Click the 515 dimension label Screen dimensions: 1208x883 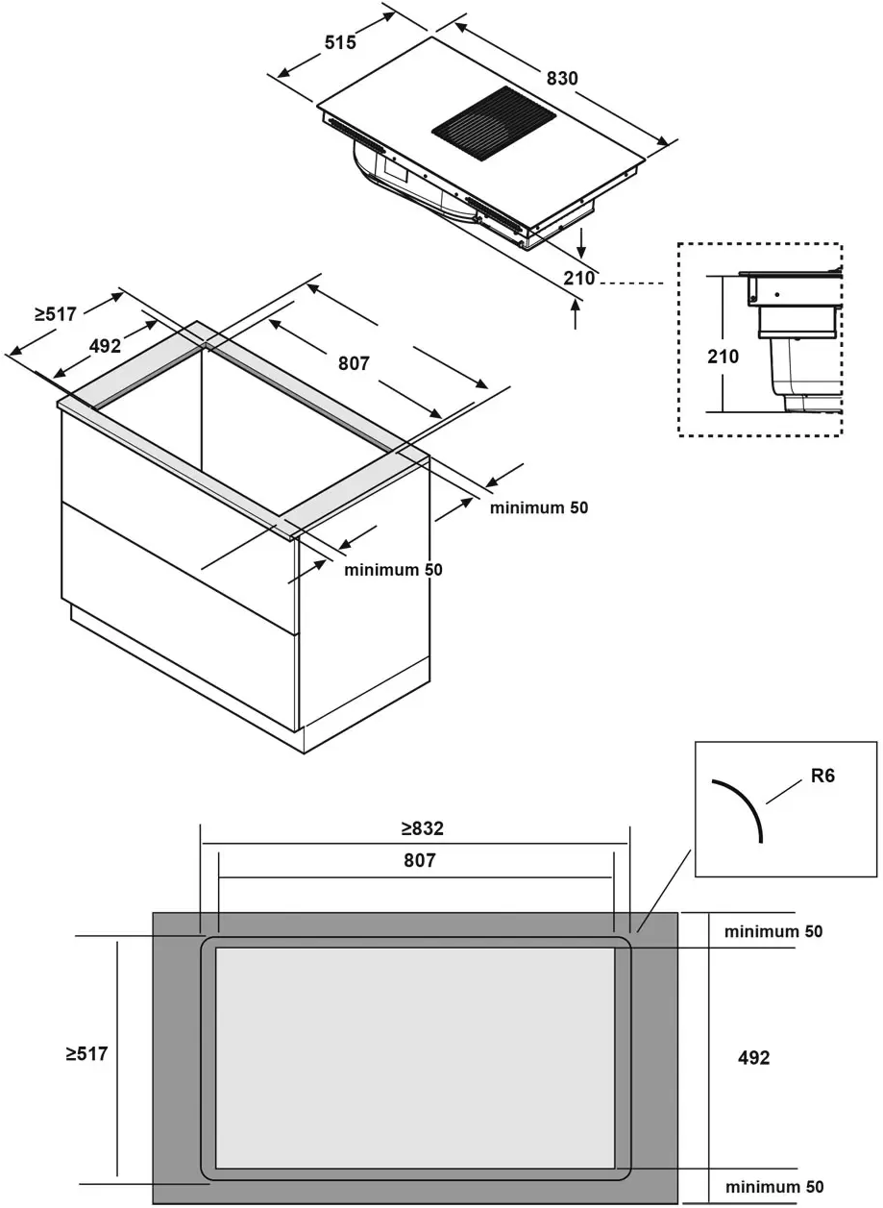point(339,42)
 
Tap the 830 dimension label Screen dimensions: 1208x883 point(562,78)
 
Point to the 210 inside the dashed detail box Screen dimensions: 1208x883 point(723,357)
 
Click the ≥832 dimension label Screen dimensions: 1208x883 point(422,828)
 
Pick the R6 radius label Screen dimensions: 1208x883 point(822,776)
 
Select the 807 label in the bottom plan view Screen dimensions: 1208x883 point(419,861)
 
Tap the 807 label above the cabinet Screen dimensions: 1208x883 point(354,363)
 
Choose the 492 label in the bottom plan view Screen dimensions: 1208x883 point(753,1057)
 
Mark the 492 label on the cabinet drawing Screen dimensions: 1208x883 point(105,346)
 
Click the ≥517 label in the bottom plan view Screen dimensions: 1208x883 point(86,1054)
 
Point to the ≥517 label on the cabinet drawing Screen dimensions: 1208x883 point(56,312)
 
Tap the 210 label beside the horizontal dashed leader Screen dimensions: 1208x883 point(580,279)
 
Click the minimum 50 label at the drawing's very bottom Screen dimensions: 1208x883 point(774,1187)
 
